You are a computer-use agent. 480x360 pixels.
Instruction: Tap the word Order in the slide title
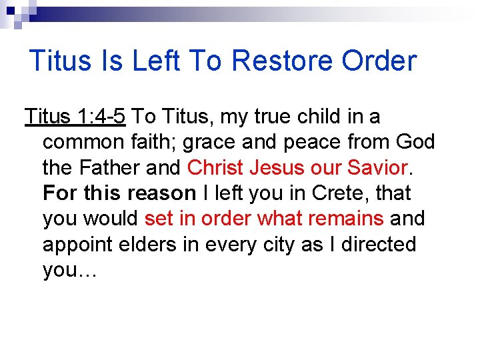click(x=379, y=61)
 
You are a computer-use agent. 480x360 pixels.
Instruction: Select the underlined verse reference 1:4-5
click(x=100, y=117)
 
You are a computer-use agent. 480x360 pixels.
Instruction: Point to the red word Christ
click(x=217, y=167)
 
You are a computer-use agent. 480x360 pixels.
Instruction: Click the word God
click(x=415, y=142)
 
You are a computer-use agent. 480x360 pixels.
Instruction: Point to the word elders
click(x=154, y=245)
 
